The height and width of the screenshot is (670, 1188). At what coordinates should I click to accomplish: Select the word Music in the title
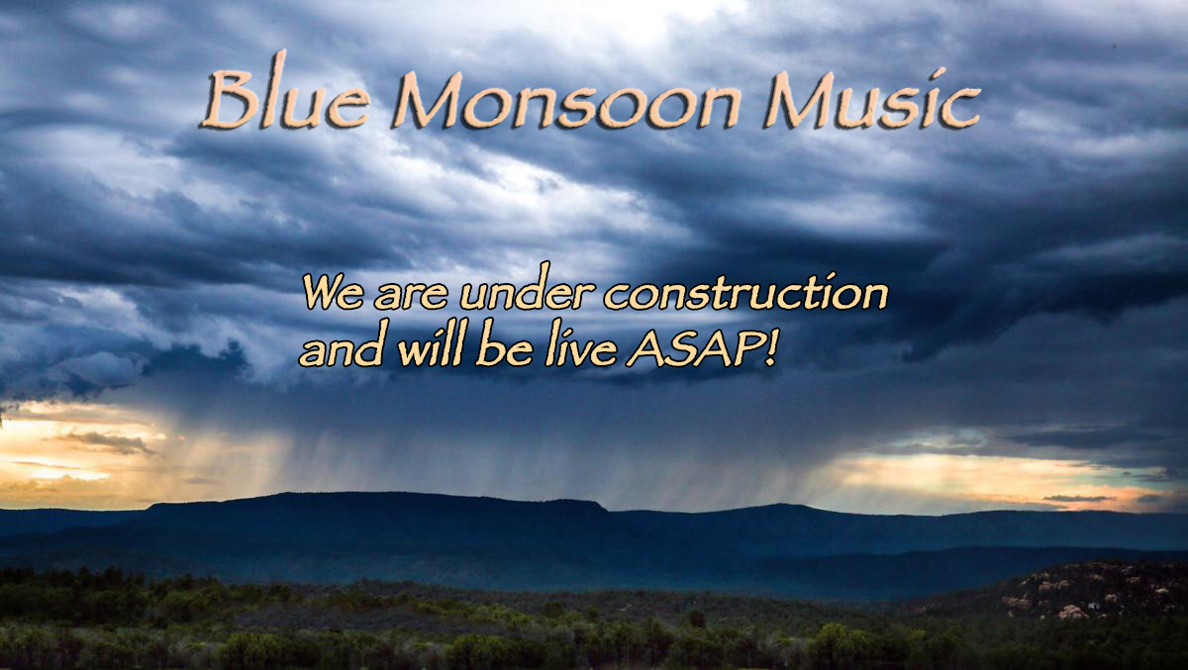point(871,99)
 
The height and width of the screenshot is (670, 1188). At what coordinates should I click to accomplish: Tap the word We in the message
point(333,293)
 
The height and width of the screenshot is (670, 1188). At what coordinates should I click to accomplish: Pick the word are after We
point(411,298)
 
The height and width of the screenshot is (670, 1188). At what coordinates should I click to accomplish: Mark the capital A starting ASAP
point(645,349)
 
